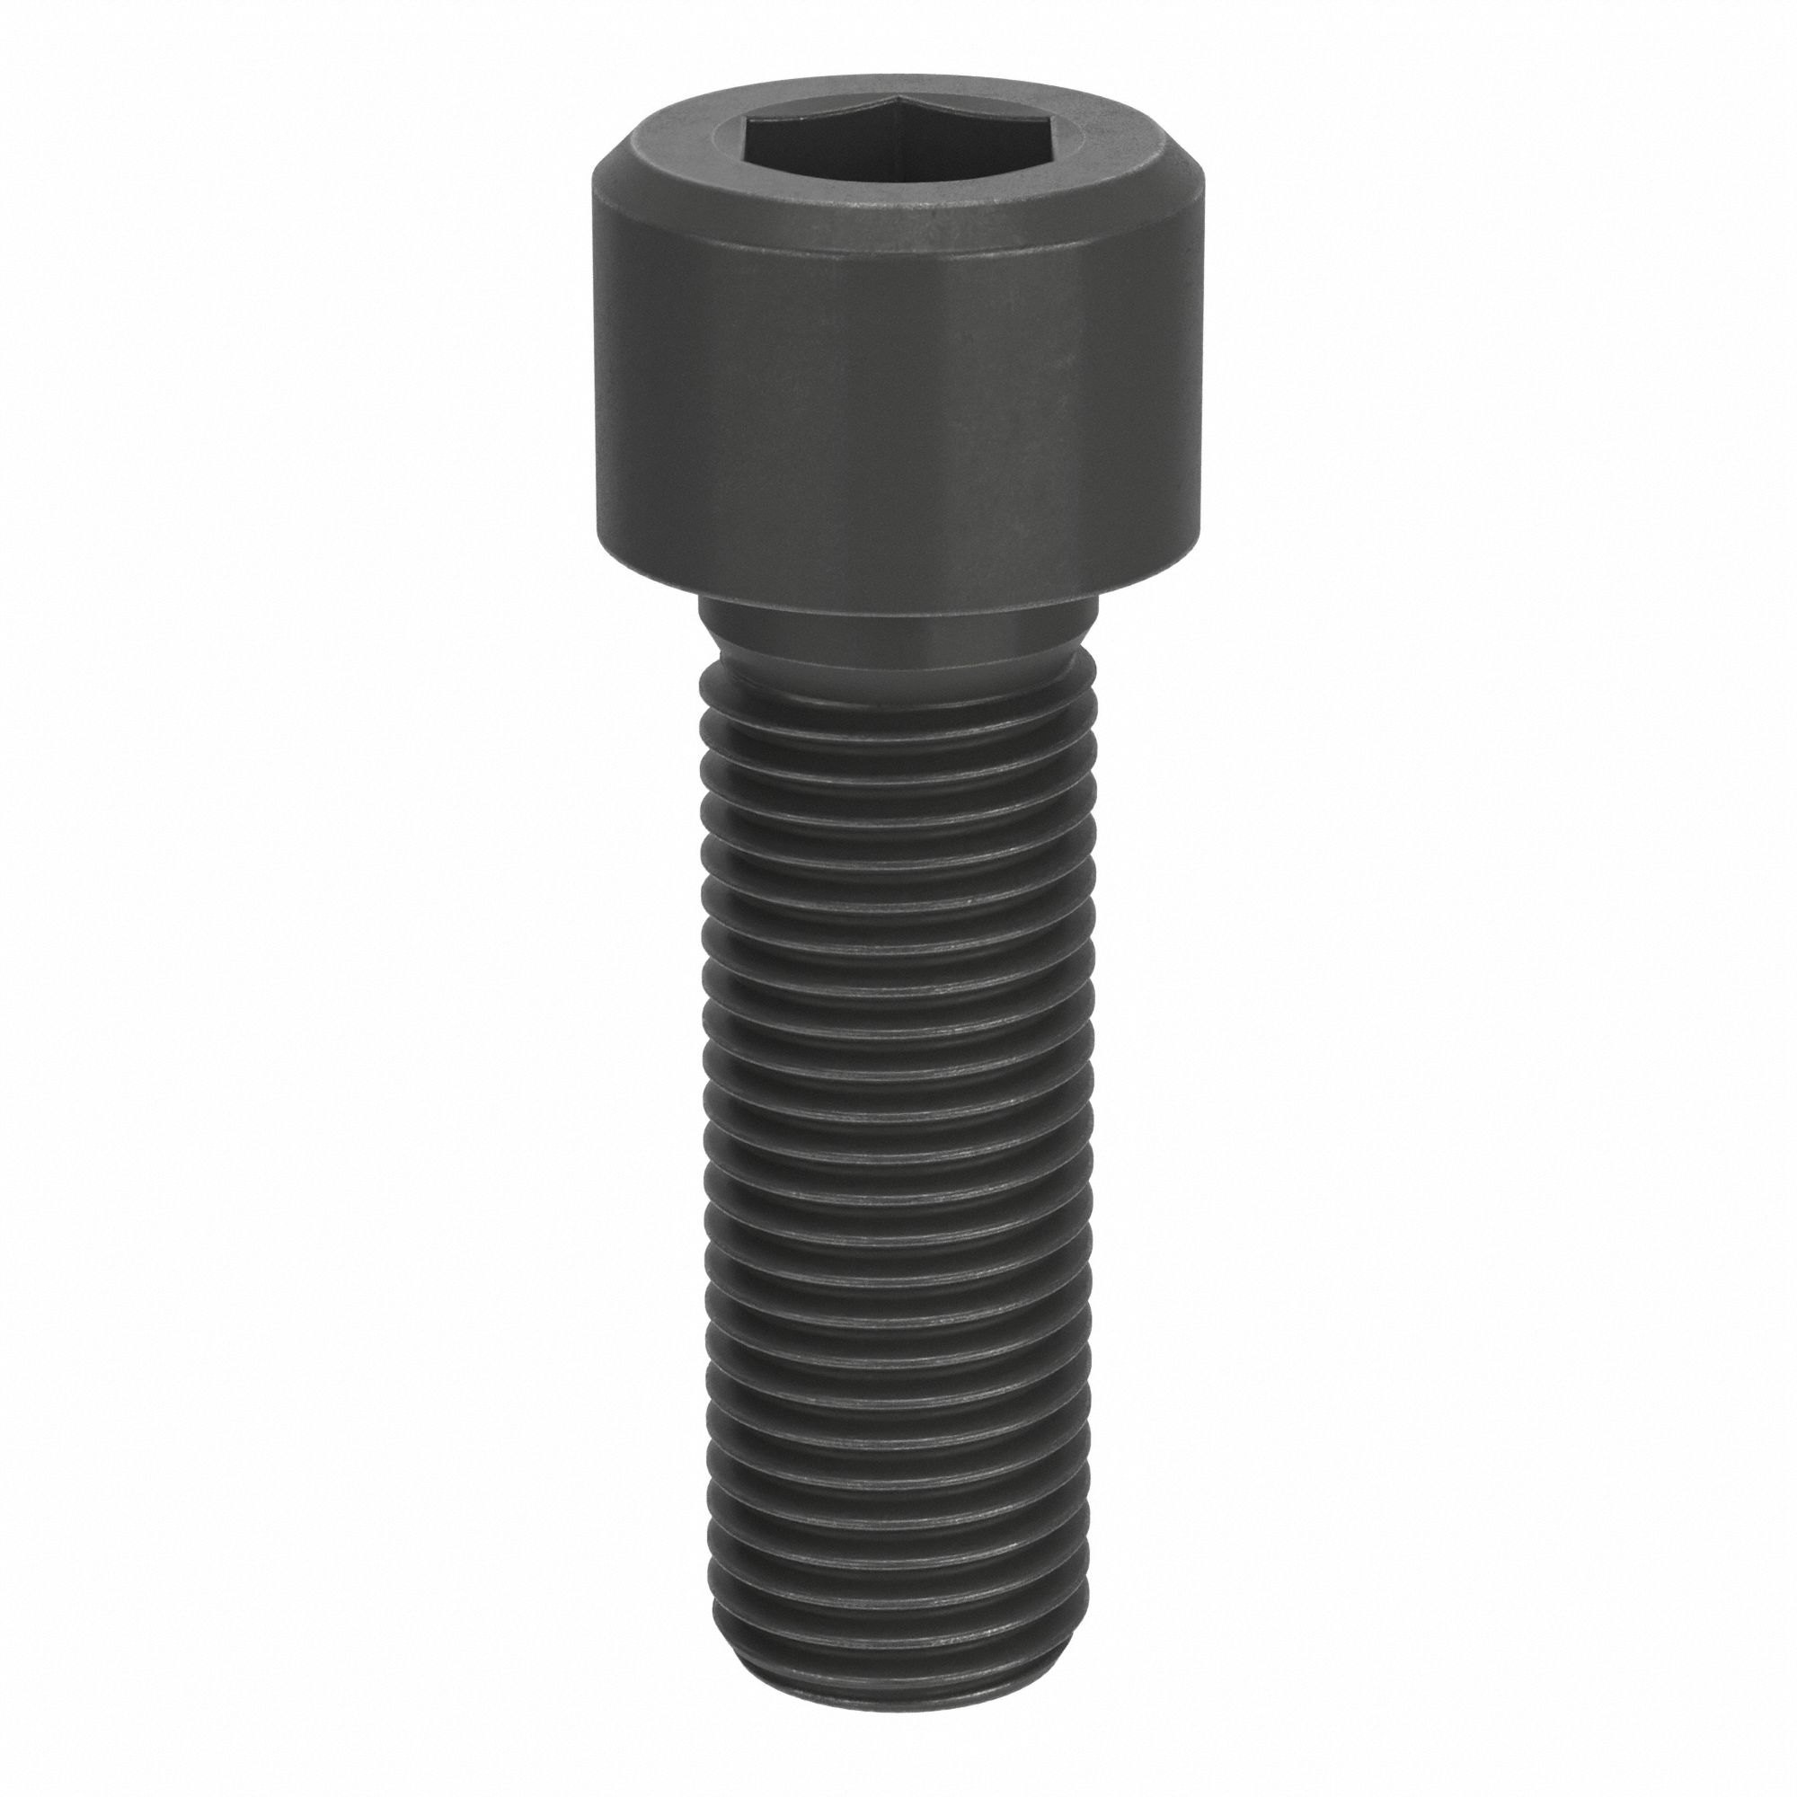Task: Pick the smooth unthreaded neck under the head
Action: pos(898,642)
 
